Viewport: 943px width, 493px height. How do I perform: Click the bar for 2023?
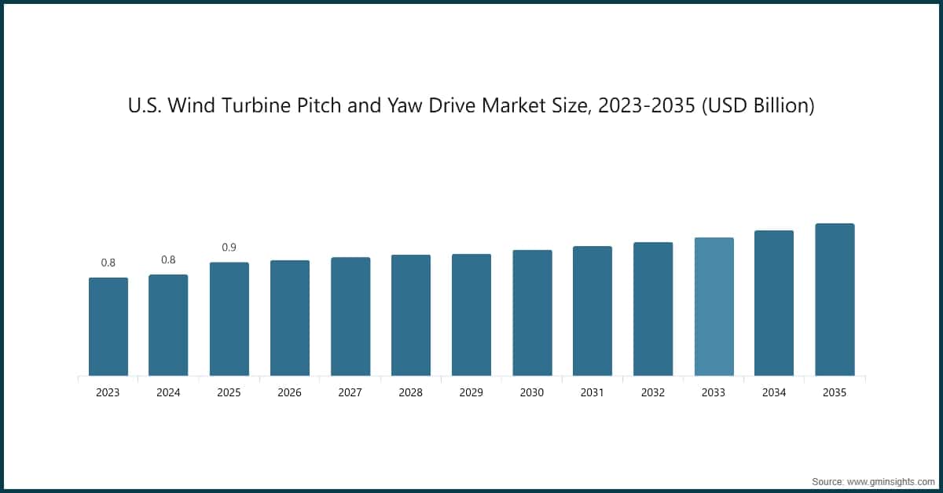[108, 326]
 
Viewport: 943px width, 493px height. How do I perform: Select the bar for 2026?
[289, 318]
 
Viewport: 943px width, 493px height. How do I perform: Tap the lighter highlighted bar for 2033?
[714, 307]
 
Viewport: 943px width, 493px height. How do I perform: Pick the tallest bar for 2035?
[835, 300]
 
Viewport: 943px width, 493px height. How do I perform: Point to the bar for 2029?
[472, 315]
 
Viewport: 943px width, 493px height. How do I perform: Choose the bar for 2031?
[593, 311]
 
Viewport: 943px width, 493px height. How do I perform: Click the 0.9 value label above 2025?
[229, 248]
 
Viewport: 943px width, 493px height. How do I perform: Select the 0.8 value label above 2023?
[108, 263]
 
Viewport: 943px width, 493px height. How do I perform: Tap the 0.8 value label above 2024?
[168, 259]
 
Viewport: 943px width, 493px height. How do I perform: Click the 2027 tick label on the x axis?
[350, 392]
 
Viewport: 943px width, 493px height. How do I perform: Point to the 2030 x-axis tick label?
[532, 392]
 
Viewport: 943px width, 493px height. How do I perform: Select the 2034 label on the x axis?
[774, 392]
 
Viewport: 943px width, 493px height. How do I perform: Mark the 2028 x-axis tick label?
[410, 392]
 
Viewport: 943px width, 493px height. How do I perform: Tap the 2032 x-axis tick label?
[653, 392]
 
